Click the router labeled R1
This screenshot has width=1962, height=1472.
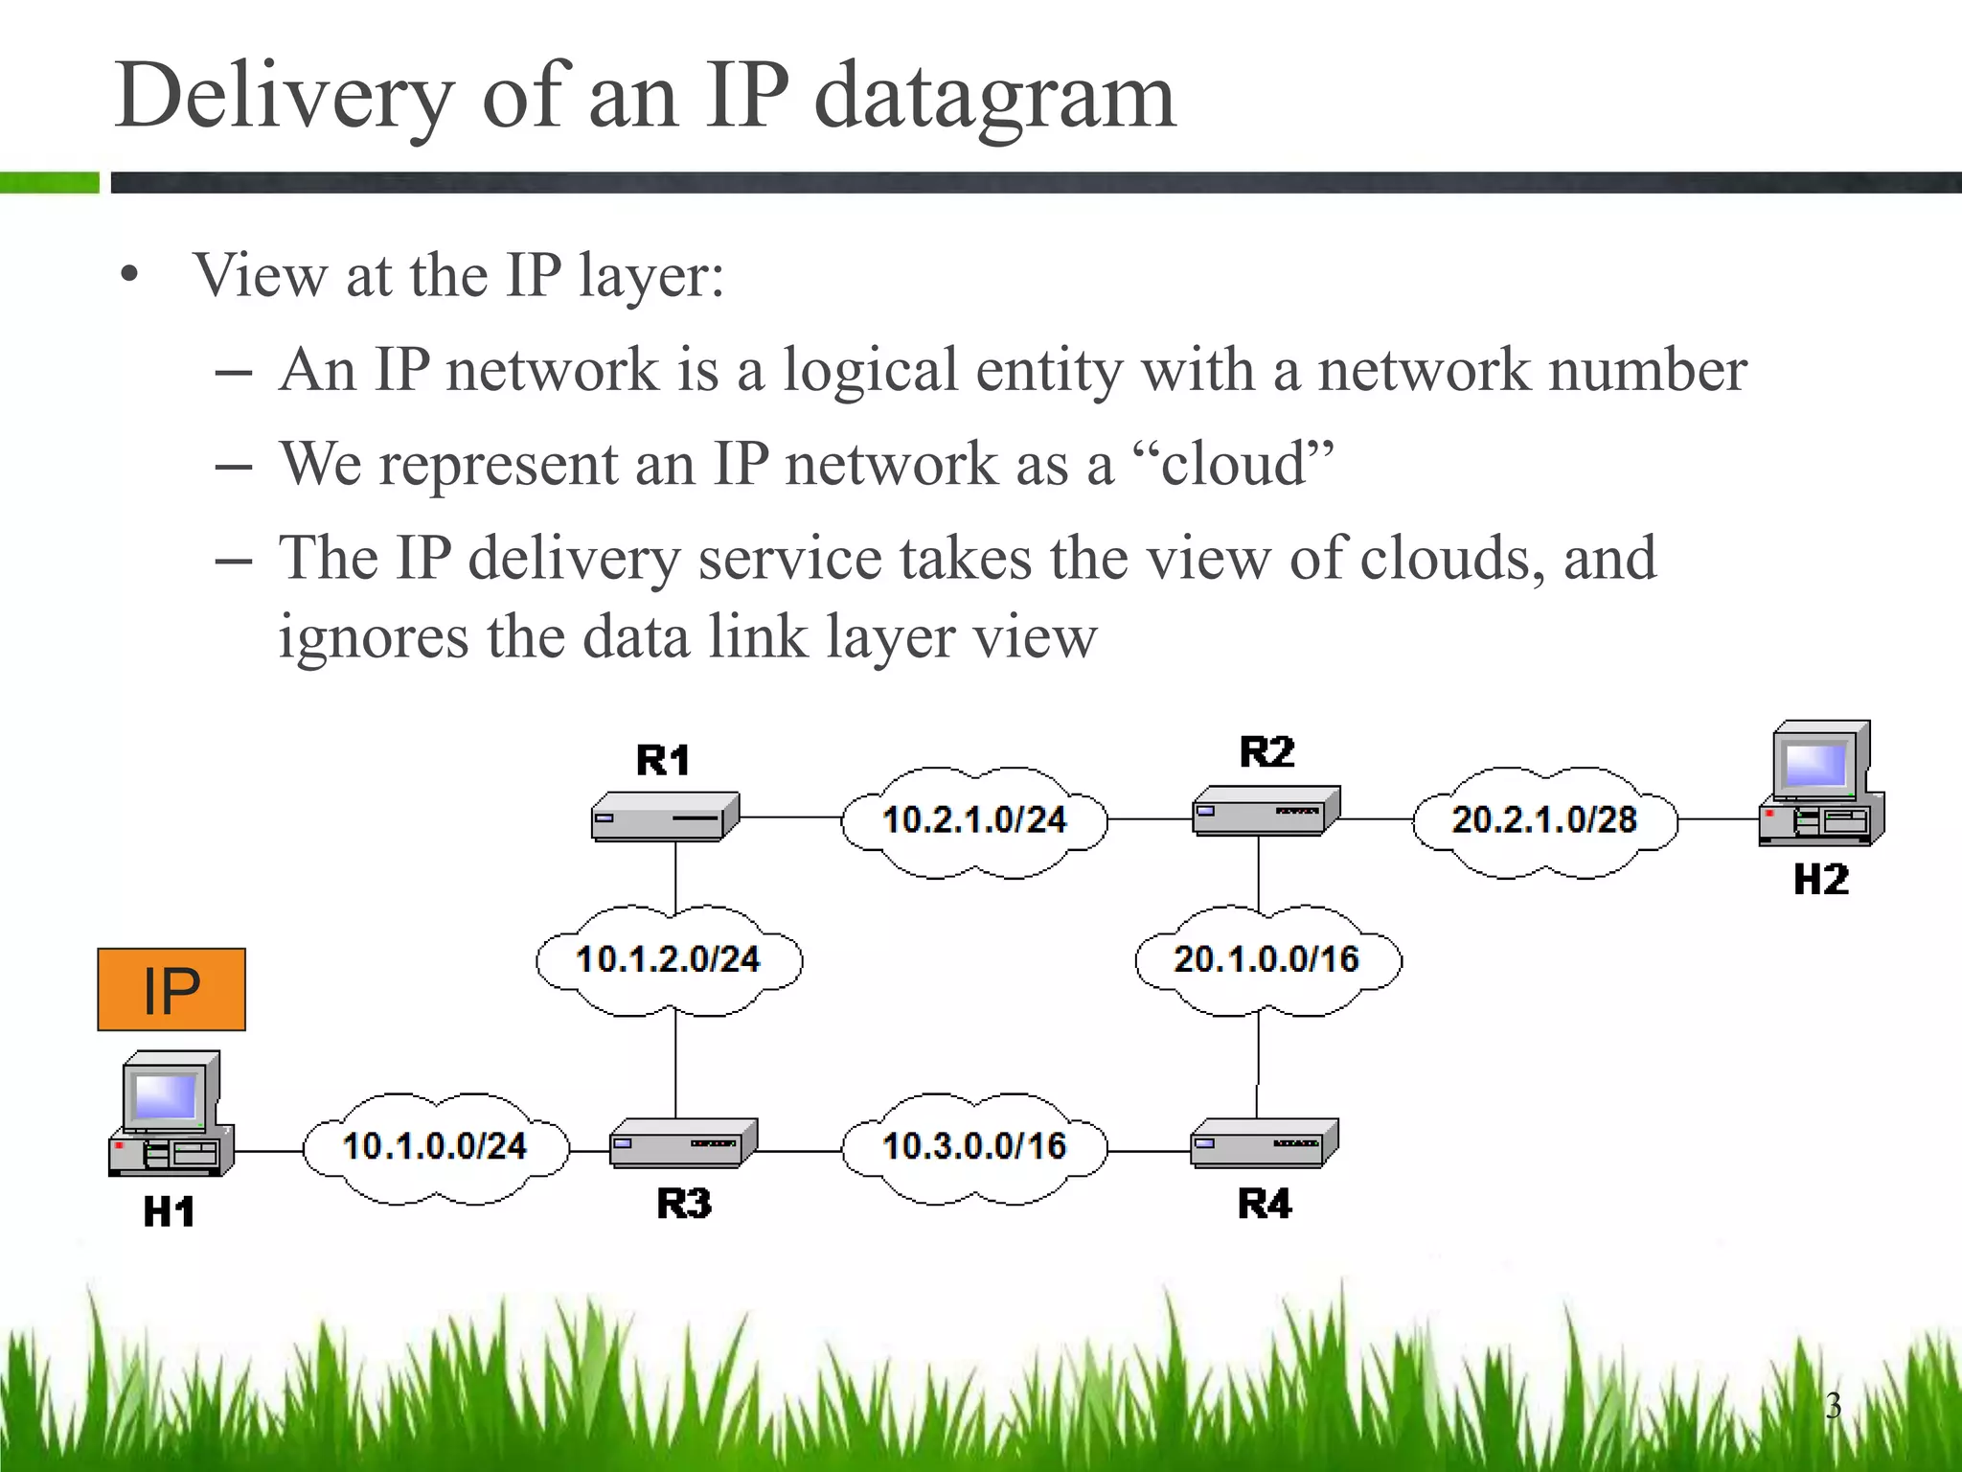(665, 817)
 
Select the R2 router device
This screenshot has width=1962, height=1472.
(1265, 811)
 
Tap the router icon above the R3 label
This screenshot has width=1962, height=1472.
(683, 1142)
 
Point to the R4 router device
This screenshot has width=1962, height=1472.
(1264, 1142)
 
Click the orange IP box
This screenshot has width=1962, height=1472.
(171, 990)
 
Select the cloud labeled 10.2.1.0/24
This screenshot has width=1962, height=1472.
(973, 821)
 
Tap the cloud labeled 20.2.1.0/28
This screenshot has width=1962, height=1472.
(1544, 821)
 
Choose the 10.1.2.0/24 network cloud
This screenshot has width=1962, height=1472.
(669, 960)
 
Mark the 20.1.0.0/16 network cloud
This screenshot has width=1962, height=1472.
(1266, 960)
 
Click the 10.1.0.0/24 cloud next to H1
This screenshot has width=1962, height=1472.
(435, 1147)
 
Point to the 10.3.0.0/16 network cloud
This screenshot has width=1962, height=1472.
(973, 1147)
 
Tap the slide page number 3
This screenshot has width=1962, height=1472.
(1833, 1405)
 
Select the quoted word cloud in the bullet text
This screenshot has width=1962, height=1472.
(1233, 465)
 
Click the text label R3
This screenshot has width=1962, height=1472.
(684, 1204)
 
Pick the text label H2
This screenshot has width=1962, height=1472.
(1820, 880)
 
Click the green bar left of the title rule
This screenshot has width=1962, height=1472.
(49, 182)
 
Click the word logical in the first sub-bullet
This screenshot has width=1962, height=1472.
(870, 371)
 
